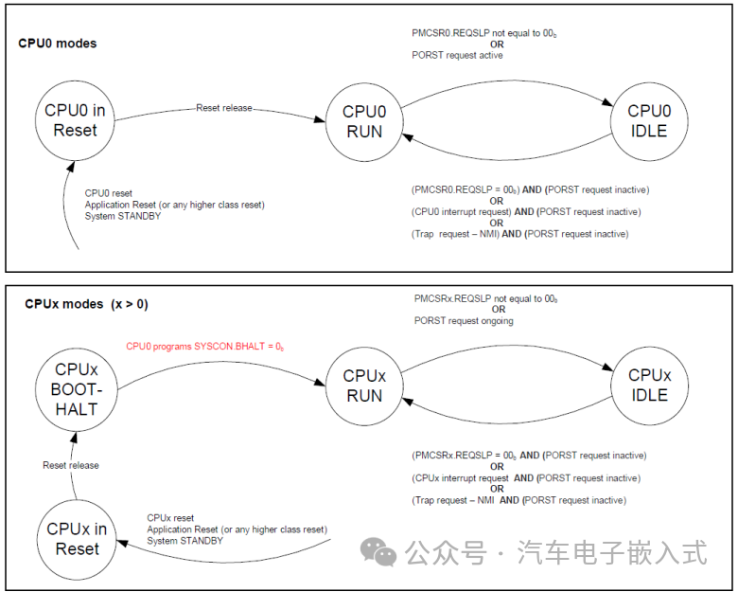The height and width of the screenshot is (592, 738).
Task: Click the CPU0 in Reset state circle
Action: (x=75, y=120)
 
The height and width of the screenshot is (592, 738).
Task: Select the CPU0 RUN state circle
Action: (x=364, y=121)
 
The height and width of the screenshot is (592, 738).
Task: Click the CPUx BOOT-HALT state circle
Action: (x=75, y=388)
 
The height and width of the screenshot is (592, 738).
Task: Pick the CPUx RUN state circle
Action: (x=364, y=386)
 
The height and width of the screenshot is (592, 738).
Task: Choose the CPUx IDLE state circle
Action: (x=649, y=385)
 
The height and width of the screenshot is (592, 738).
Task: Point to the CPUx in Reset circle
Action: (x=77, y=539)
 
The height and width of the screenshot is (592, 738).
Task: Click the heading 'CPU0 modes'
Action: (x=58, y=44)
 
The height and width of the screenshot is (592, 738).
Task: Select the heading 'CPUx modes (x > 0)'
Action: (x=86, y=304)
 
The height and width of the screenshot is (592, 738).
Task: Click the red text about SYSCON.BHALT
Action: (x=205, y=347)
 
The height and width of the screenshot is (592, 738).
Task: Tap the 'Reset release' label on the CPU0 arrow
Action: (x=224, y=108)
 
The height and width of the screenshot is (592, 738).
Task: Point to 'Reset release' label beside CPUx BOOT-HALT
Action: (x=71, y=465)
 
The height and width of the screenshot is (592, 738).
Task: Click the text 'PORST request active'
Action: (x=457, y=56)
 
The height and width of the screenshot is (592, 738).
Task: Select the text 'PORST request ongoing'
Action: (x=464, y=321)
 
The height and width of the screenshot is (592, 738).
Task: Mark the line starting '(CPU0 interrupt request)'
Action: (x=525, y=211)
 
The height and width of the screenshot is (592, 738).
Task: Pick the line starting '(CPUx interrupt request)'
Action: (x=525, y=478)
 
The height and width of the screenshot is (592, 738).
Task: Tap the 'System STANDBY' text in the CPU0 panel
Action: (x=123, y=216)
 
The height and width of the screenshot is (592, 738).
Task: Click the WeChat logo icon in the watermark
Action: (x=381, y=552)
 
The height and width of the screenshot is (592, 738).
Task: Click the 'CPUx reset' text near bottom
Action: (x=171, y=518)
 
